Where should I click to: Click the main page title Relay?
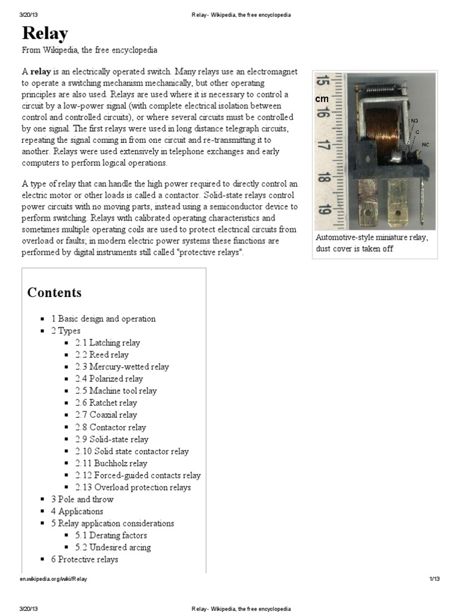pos(45,33)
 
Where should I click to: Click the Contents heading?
pos(54,293)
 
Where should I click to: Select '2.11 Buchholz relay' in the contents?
pos(111,463)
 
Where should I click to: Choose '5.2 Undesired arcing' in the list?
pos(113,547)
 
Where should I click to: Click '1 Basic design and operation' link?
pos(103,319)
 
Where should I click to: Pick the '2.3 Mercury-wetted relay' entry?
pos(122,367)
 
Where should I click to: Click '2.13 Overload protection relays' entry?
pos(133,488)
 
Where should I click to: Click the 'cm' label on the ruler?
pos(322,99)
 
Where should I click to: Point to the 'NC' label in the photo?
pos(425,145)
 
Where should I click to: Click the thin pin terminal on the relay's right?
pos(424,197)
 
